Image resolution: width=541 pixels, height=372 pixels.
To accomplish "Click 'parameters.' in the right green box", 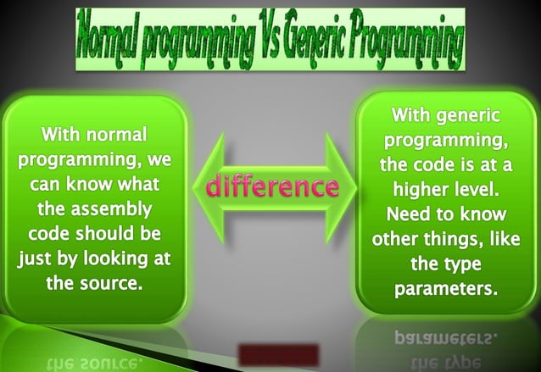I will tap(445, 289).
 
